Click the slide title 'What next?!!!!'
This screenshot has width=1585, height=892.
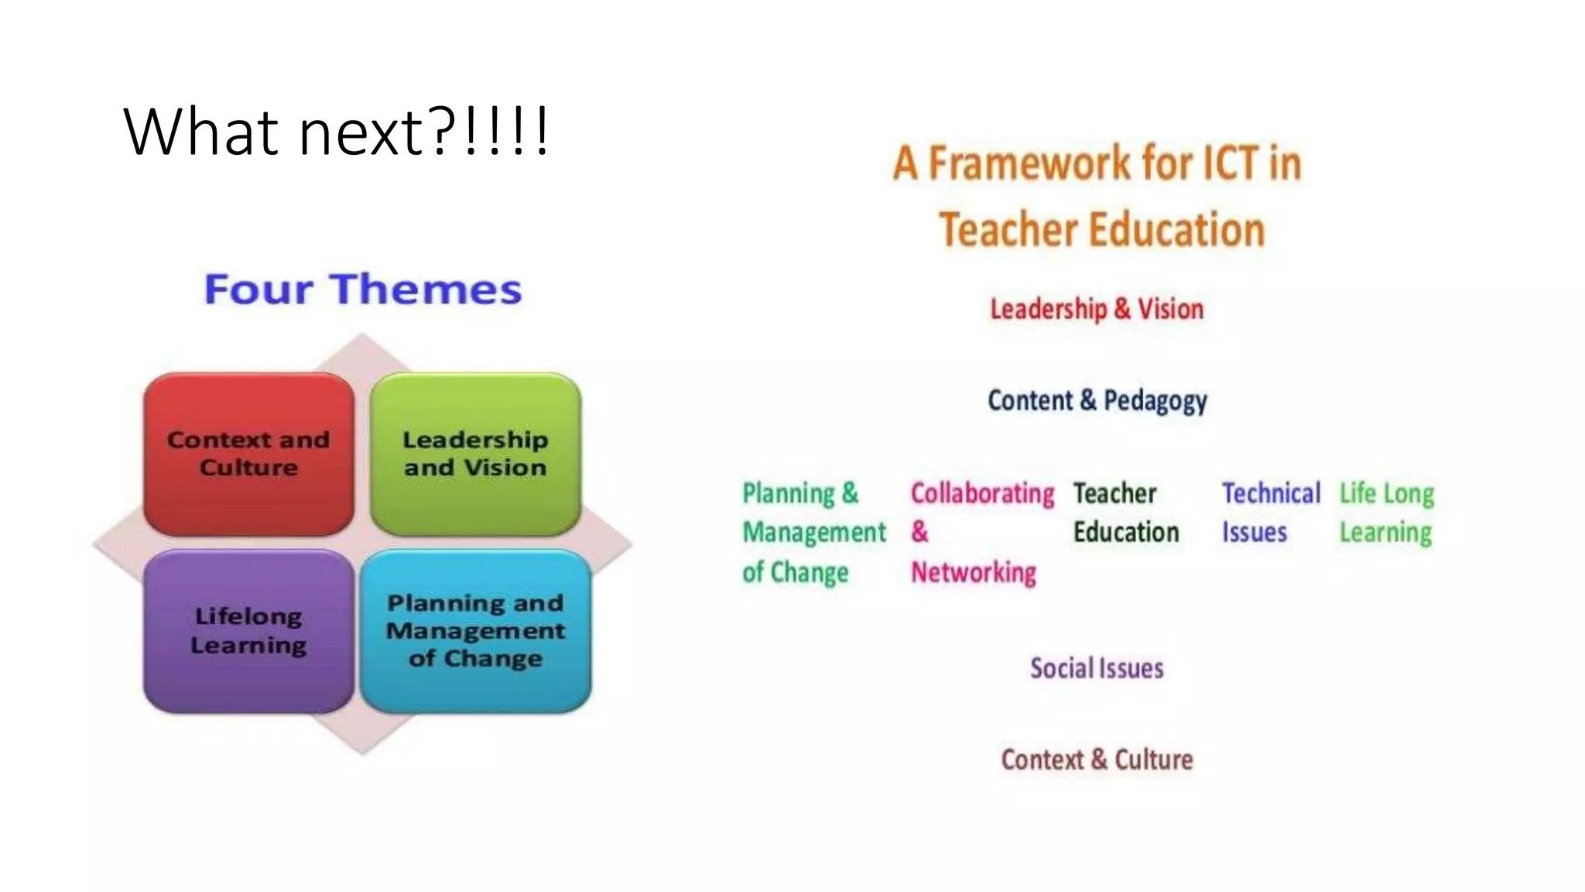click(336, 132)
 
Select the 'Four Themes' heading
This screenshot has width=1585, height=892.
click(363, 290)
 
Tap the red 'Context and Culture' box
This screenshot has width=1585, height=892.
click(248, 454)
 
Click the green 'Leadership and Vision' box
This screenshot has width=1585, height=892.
click(475, 454)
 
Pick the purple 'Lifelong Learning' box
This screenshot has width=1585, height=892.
click(248, 630)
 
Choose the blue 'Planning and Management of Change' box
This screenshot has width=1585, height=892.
click(475, 630)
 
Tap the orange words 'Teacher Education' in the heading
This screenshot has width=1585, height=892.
click(1102, 230)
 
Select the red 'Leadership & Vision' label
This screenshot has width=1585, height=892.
click(1097, 309)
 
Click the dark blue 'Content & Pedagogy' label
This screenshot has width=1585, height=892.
click(1097, 400)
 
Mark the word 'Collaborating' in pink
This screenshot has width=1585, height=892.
click(982, 493)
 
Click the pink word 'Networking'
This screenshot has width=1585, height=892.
click(974, 572)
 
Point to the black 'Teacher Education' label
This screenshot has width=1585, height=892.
click(1125, 513)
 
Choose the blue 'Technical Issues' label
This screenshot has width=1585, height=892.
click(1271, 513)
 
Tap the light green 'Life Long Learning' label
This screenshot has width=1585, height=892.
click(1386, 513)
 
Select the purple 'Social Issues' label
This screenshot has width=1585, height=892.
click(1097, 668)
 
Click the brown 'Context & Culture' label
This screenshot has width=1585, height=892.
click(1097, 760)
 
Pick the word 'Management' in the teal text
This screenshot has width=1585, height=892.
click(814, 533)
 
